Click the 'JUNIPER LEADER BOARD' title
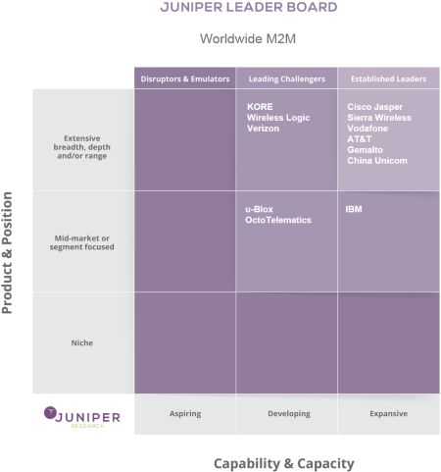coord(249,7)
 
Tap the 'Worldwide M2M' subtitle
coord(248,38)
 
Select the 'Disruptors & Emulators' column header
coord(185,79)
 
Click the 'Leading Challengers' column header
coord(287,79)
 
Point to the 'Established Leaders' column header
coord(388,79)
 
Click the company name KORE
coord(260,107)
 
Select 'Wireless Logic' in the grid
coord(278,118)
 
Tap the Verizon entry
coord(263,129)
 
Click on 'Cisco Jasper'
coord(374,107)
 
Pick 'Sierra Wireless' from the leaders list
coord(379,118)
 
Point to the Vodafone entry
coord(367,129)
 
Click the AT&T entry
coord(360,139)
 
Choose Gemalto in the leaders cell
coord(365,150)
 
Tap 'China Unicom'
coord(377,161)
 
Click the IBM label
coord(354,209)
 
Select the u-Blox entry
coord(259,209)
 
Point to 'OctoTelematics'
coord(278,220)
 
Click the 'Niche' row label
coord(82,342)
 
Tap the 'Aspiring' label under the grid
coord(185,414)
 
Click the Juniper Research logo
coord(82,417)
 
